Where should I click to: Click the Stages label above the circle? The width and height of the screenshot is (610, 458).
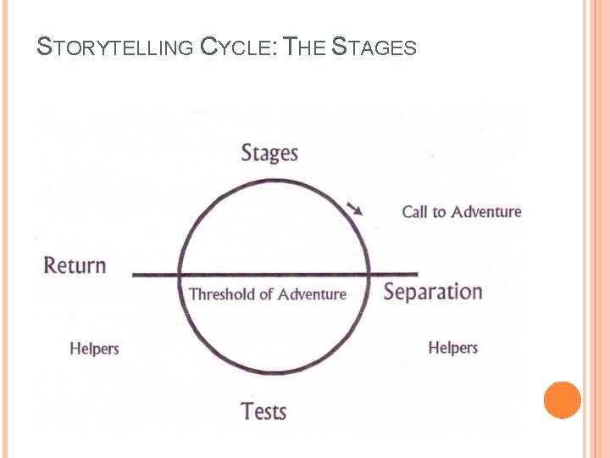click(269, 154)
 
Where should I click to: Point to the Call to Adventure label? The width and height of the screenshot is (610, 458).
click(461, 211)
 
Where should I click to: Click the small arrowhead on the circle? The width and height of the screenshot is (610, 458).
click(358, 209)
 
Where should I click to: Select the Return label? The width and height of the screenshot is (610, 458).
click(75, 265)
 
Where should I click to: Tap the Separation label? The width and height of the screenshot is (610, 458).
click(432, 293)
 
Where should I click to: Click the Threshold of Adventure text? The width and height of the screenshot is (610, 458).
click(268, 294)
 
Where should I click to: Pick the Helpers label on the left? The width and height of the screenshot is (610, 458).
click(94, 349)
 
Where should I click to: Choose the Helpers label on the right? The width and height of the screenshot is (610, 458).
click(452, 348)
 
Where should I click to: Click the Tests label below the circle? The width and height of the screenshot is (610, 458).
click(263, 412)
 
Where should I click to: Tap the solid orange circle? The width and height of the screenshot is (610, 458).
click(563, 399)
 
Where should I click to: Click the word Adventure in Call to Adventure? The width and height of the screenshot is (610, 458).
click(485, 211)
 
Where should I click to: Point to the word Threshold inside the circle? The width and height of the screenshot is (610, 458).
click(222, 294)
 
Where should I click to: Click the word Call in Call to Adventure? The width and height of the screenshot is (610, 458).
click(414, 211)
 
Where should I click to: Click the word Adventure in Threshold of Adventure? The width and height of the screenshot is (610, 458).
click(312, 294)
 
